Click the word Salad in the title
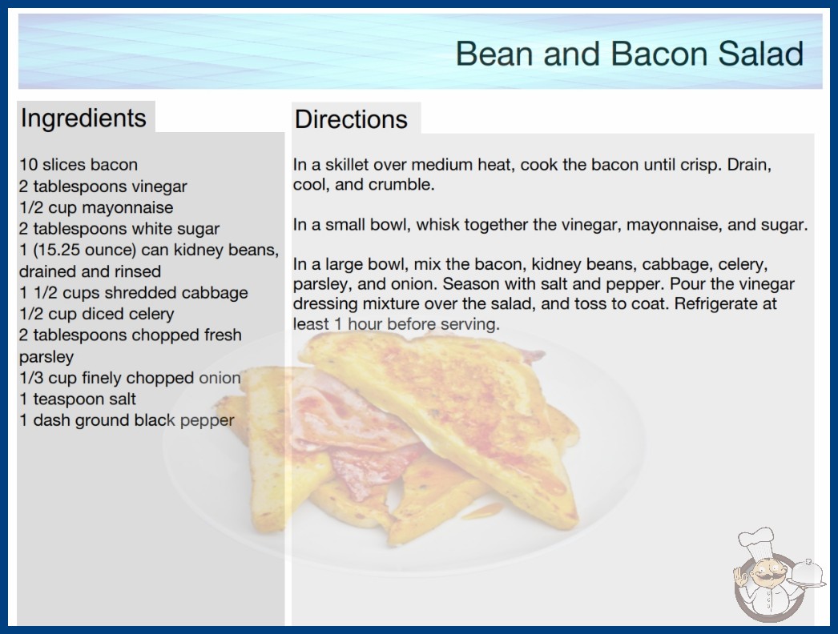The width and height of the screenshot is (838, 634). click(760, 54)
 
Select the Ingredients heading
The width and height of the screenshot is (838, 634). click(83, 118)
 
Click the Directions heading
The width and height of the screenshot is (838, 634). click(351, 119)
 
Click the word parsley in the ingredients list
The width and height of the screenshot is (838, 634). click(46, 357)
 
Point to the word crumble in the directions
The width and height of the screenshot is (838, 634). click(406, 184)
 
